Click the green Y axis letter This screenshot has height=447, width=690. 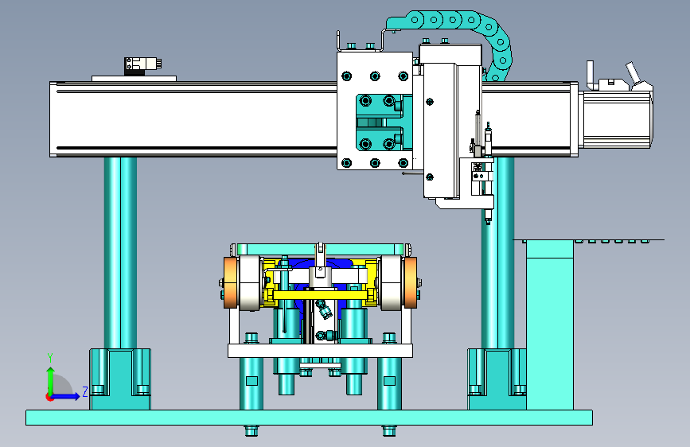50,358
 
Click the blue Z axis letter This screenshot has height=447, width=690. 85,391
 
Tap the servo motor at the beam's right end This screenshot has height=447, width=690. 616,119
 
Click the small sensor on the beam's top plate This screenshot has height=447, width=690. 142,65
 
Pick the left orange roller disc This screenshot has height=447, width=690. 230,283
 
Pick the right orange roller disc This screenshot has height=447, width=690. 411,283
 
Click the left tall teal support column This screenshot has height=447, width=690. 120,253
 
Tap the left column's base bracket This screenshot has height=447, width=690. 120,379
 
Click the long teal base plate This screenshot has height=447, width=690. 309,417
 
